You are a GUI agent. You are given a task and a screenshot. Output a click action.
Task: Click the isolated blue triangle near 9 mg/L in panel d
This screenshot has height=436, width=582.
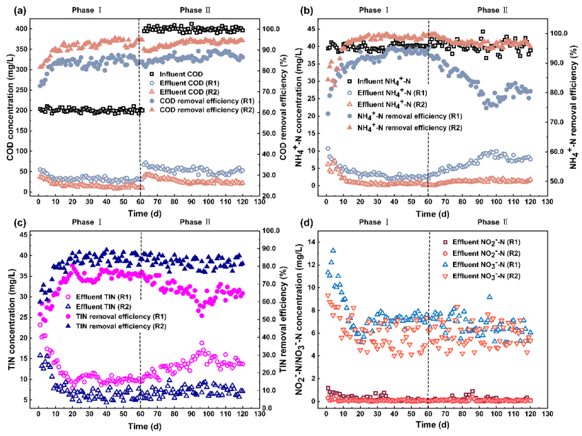point(489,297)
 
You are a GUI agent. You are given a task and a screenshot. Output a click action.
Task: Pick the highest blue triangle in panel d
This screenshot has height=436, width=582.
point(333,250)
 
